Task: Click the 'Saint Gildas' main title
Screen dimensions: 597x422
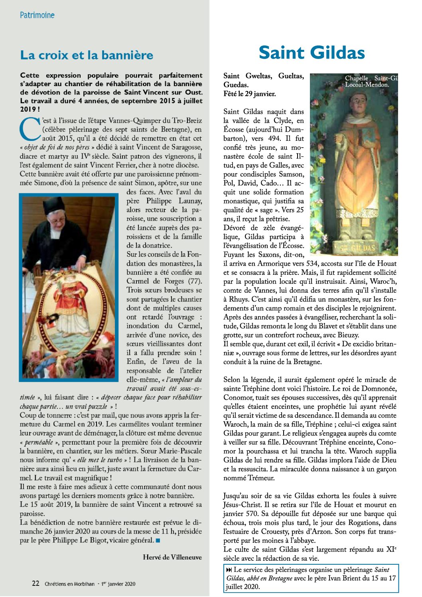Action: tap(312, 53)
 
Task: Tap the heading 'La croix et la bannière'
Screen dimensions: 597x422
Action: tap(87, 55)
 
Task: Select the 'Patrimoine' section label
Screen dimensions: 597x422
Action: tap(37, 15)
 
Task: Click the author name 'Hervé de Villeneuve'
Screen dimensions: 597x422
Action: tap(172, 557)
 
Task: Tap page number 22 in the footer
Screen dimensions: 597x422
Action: tap(35, 583)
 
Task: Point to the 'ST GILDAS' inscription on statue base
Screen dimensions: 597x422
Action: tap(358, 248)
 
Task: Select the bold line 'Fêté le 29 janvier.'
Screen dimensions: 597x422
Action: tap(249, 94)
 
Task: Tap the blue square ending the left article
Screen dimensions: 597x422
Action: tap(158, 540)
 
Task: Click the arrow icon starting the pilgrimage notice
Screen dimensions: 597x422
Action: tap(229, 570)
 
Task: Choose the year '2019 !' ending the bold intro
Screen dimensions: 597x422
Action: tap(30, 109)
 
